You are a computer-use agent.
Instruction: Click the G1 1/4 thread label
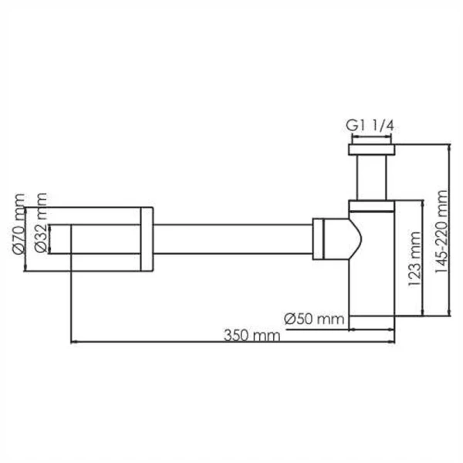(x=373, y=125)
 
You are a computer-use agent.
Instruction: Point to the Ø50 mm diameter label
(x=313, y=317)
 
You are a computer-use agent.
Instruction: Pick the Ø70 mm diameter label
(x=16, y=231)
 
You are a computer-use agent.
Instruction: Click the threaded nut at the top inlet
(x=373, y=149)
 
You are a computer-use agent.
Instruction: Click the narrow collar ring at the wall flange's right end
(x=147, y=239)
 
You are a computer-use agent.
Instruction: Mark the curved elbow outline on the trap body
(x=357, y=239)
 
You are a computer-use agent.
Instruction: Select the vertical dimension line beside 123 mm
(x=421, y=257)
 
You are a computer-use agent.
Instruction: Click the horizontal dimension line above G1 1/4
(x=373, y=137)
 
